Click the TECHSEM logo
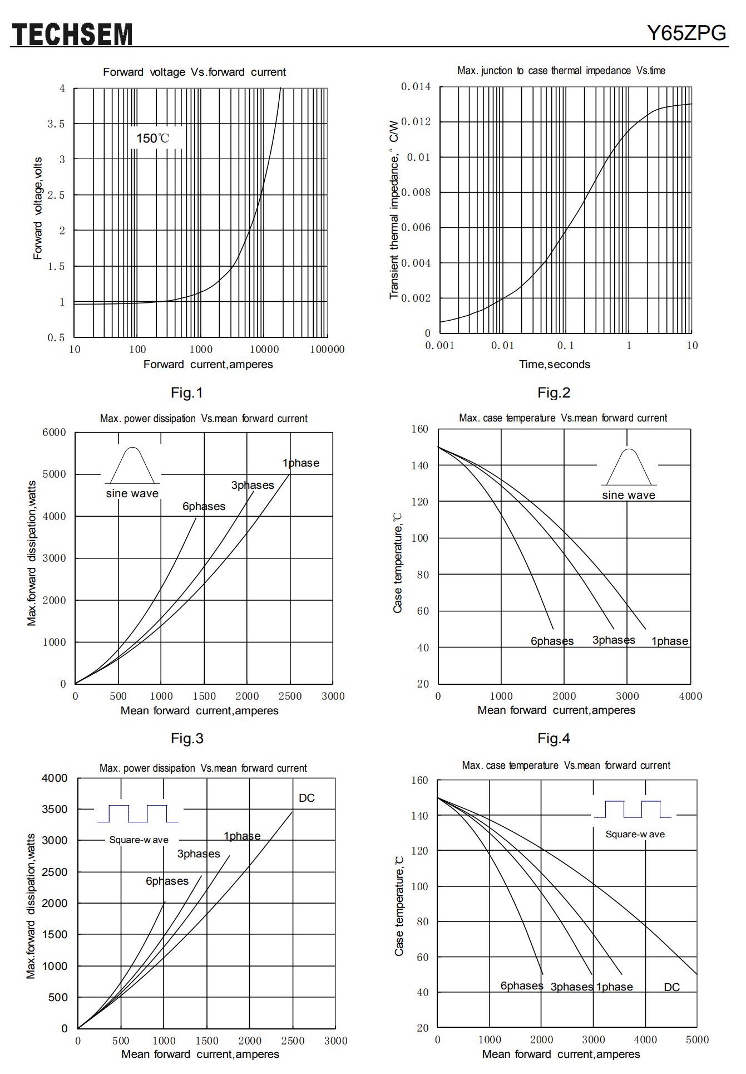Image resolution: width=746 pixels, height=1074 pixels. point(72,35)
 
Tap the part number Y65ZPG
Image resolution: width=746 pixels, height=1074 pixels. point(686,33)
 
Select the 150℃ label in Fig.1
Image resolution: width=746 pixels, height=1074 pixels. point(152,138)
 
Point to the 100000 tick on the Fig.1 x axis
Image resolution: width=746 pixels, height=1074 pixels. point(327,350)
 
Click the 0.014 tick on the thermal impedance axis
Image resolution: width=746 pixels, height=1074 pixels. point(416,87)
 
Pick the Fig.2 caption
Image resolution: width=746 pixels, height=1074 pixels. point(554,393)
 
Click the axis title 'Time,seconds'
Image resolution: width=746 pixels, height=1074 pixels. point(555,365)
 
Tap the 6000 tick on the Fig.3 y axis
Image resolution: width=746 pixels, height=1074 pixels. point(54,433)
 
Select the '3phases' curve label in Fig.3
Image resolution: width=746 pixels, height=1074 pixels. point(253,485)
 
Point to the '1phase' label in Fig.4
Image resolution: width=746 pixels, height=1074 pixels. point(670,641)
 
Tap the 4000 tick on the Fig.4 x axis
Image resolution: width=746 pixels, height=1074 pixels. point(690,697)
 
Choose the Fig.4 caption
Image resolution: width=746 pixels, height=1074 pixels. point(554,739)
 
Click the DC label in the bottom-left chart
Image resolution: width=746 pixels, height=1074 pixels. point(307,798)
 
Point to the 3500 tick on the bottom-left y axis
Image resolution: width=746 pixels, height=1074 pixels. point(55,810)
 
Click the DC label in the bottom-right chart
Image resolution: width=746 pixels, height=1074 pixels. point(672,987)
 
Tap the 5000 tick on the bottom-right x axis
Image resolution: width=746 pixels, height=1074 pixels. point(697,1040)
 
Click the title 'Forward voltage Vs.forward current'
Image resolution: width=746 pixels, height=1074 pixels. point(194,72)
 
